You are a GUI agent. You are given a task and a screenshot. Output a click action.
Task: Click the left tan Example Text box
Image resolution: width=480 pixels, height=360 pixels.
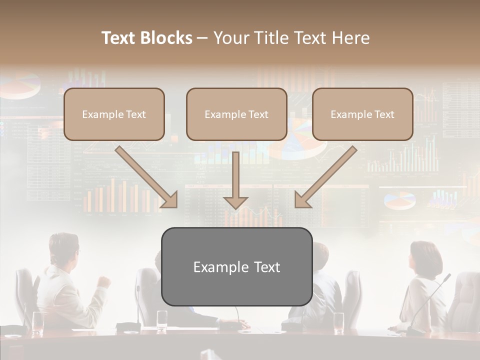pos(114,114)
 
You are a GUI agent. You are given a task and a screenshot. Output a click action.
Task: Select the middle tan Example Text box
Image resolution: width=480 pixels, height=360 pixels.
pos(236,114)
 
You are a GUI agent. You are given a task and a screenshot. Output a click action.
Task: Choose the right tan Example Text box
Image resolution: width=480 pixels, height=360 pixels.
pos(362,114)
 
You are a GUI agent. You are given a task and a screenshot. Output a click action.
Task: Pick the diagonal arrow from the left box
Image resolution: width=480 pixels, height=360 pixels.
pos(147,177)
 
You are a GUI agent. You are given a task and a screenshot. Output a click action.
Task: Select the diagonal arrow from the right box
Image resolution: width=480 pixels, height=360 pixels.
pos(325,177)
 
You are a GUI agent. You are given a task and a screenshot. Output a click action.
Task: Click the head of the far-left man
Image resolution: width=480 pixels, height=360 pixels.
pos(63,247)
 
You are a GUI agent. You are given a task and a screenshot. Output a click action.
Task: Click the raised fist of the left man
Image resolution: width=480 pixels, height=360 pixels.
pos(104,281)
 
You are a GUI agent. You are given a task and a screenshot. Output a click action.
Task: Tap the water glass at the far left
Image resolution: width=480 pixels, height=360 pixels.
pos(37,322)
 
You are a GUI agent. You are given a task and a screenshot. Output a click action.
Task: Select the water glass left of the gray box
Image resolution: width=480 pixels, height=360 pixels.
pos(162,320)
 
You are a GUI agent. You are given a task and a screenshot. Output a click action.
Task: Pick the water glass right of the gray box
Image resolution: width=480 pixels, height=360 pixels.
pos(338,322)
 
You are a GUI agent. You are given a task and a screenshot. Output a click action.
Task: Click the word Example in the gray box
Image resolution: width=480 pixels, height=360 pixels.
pos(216,267)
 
